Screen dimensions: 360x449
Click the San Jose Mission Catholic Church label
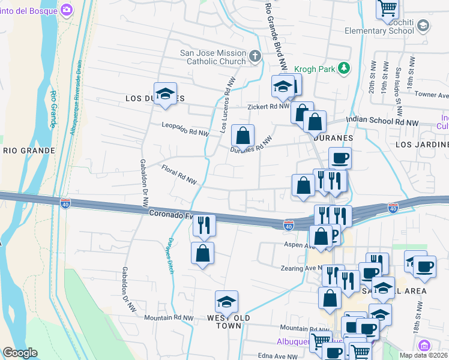tap(213, 57)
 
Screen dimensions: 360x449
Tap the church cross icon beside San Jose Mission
tap(256, 57)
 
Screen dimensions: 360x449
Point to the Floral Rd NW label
tap(179, 175)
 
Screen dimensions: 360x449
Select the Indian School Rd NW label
tap(382, 122)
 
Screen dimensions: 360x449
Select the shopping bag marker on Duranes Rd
tap(243, 136)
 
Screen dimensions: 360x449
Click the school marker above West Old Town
tap(227, 302)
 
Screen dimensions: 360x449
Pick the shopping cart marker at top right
tap(388, 8)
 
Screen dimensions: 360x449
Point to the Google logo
tap(20, 353)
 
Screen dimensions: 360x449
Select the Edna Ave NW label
tap(277, 356)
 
